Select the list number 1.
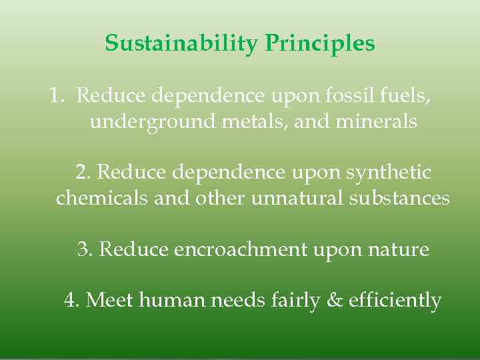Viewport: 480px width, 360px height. coord(56,96)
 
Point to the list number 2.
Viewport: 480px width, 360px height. coord(83,173)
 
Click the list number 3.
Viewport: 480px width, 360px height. coord(85,249)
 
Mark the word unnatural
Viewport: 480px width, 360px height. coord(296,199)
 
